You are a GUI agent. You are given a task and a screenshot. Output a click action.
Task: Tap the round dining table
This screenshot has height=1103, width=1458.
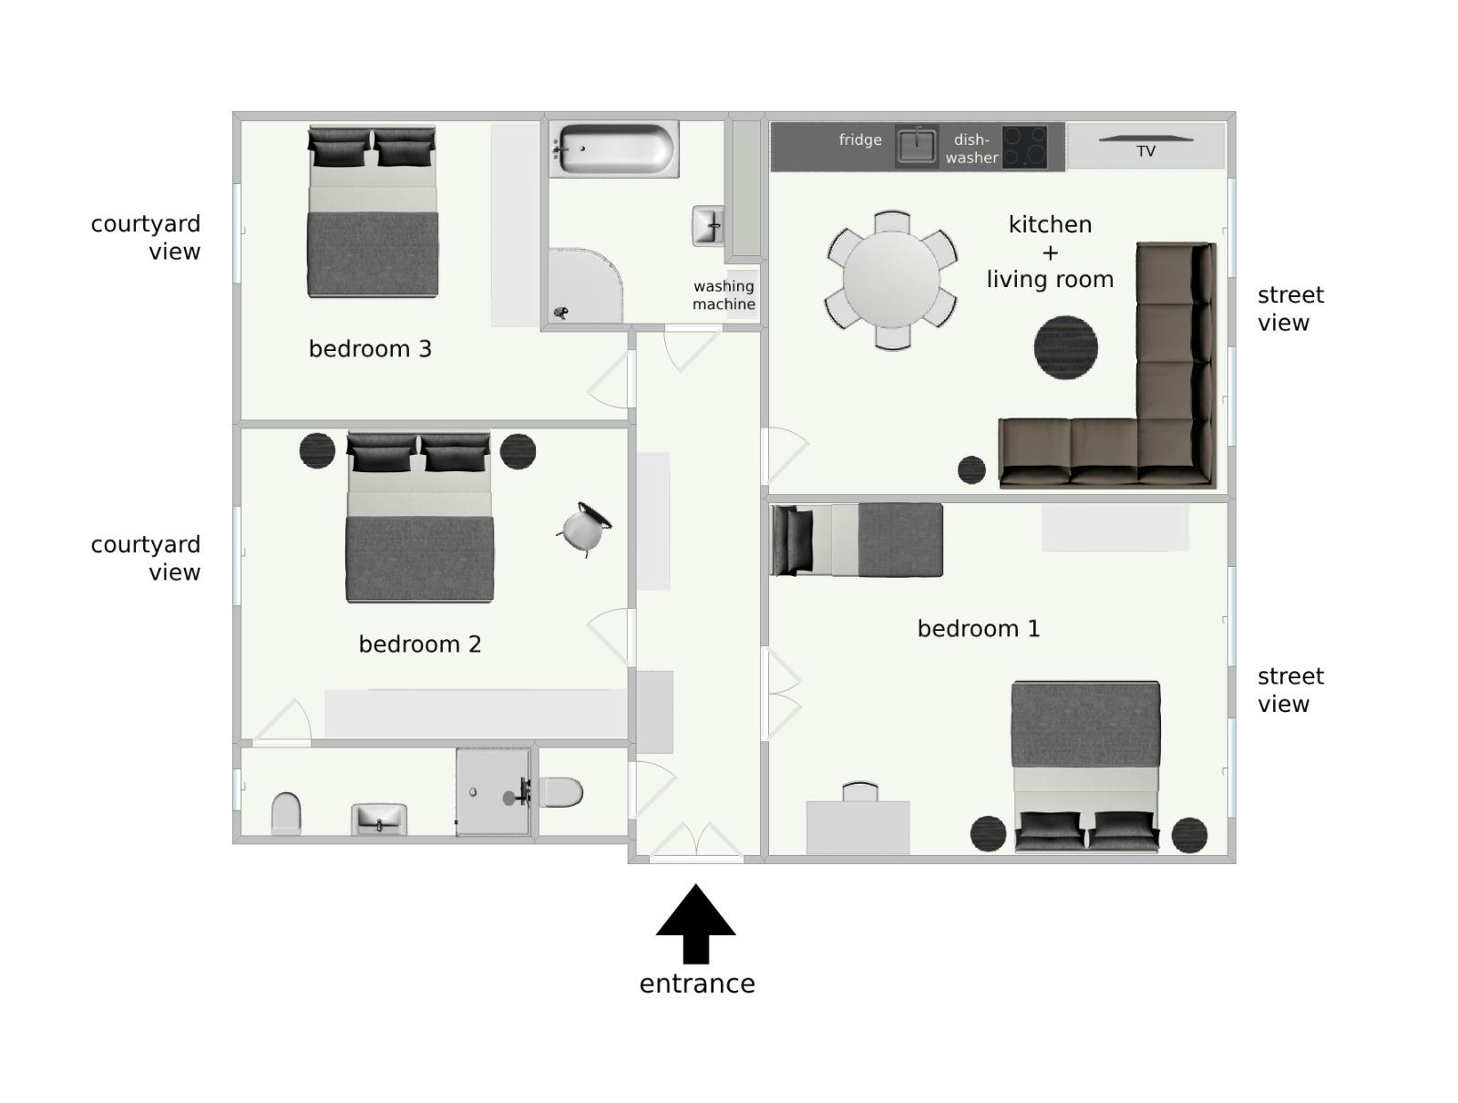[x=891, y=279]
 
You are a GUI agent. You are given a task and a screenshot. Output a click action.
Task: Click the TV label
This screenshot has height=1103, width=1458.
[x=1145, y=151]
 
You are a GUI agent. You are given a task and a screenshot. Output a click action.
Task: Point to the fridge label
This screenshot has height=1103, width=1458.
[x=860, y=139]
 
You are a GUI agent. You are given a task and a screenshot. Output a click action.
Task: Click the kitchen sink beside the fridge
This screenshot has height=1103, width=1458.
[x=916, y=146]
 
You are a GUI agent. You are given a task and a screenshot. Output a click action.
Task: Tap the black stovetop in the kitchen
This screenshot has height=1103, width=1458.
[x=1025, y=147]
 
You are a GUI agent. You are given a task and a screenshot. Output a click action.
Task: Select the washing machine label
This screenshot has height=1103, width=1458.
[x=724, y=295]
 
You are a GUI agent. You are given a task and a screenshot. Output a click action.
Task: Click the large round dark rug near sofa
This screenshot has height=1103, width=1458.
[x=1065, y=347]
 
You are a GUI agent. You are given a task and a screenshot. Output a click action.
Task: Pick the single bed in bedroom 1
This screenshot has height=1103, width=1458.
[x=857, y=540]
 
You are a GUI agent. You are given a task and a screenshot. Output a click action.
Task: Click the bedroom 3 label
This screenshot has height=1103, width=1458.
[x=370, y=349]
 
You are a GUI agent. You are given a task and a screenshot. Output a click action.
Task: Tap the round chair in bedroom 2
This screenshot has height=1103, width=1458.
[x=583, y=529]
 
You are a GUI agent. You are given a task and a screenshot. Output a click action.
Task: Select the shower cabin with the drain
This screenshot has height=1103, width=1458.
[x=493, y=791]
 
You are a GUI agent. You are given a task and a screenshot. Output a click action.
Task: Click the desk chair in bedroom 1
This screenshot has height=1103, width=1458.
[x=860, y=791]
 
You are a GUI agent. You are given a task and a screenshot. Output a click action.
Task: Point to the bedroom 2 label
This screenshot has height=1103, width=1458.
[x=419, y=644]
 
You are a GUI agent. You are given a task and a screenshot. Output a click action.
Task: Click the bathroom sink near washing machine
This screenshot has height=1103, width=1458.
[x=708, y=225]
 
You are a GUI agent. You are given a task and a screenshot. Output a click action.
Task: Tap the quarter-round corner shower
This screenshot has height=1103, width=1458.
[x=583, y=285]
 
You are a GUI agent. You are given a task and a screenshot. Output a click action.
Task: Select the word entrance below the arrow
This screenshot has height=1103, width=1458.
[x=696, y=984]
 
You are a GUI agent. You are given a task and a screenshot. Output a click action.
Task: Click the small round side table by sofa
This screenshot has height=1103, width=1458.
[x=971, y=469]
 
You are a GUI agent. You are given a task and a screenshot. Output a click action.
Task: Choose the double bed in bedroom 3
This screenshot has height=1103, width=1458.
[x=373, y=211]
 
